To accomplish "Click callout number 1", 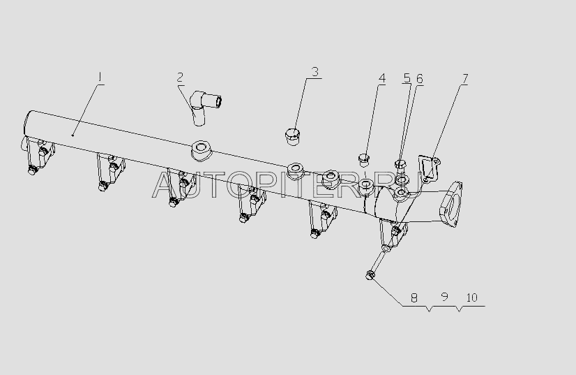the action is click(100, 78).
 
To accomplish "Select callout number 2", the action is click(180, 78).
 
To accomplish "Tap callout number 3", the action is click(315, 71).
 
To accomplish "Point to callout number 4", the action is click(382, 78).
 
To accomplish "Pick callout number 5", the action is click(407, 78).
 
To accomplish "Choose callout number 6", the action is click(419, 79).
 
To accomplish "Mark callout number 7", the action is click(465, 78).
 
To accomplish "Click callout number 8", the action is click(414, 297).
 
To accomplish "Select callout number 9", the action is click(444, 297).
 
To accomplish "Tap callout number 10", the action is click(471, 297).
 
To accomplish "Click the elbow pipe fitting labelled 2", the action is click(204, 107).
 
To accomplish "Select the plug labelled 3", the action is click(293, 136).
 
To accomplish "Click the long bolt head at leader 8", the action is click(370, 274).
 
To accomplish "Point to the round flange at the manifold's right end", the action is click(450, 204).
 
